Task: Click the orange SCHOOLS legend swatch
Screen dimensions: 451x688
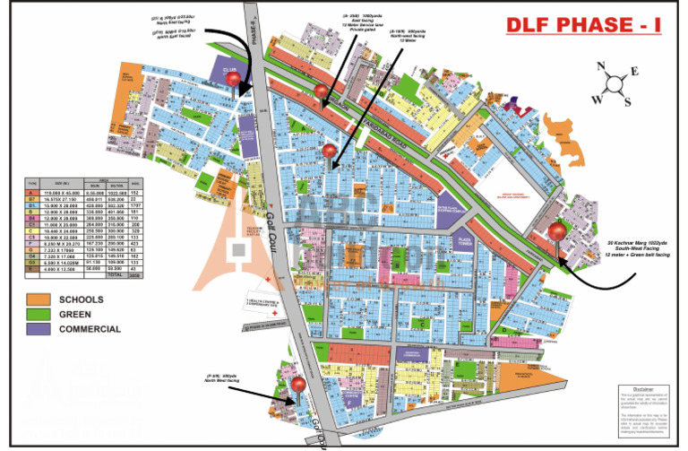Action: [39, 299]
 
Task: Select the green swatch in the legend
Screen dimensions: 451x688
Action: [39, 314]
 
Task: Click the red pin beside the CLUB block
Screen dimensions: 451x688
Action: [236, 81]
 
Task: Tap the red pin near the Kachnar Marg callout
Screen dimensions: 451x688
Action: [557, 232]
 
